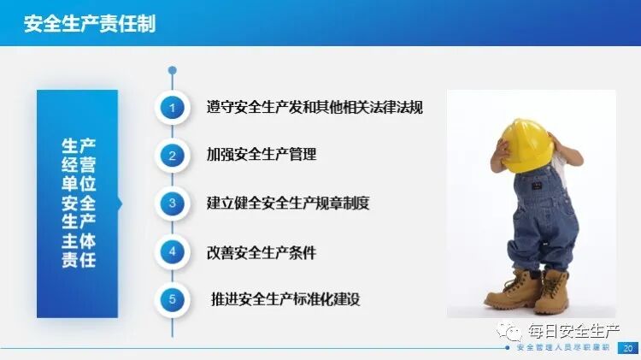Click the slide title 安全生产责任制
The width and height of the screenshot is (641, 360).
pos(90,23)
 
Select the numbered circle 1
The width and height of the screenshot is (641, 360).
pos(173,108)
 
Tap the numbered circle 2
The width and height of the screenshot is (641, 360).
pos(173,156)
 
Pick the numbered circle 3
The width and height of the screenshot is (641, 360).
pos(173,204)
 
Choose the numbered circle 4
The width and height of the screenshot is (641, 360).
pos(173,252)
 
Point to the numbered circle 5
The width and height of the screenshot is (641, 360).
pos(173,300)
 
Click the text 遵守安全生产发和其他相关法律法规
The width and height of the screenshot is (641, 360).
pos(315,109)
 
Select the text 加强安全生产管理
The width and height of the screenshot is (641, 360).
pos(262,156)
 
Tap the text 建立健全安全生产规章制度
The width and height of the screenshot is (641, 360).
pos(288,204)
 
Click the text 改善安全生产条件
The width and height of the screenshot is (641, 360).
pos(262,252)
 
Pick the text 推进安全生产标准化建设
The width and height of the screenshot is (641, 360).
pos(285,300)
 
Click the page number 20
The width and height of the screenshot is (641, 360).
pos(628,349)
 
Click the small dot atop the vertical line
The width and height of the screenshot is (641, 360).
pos(173,70)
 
